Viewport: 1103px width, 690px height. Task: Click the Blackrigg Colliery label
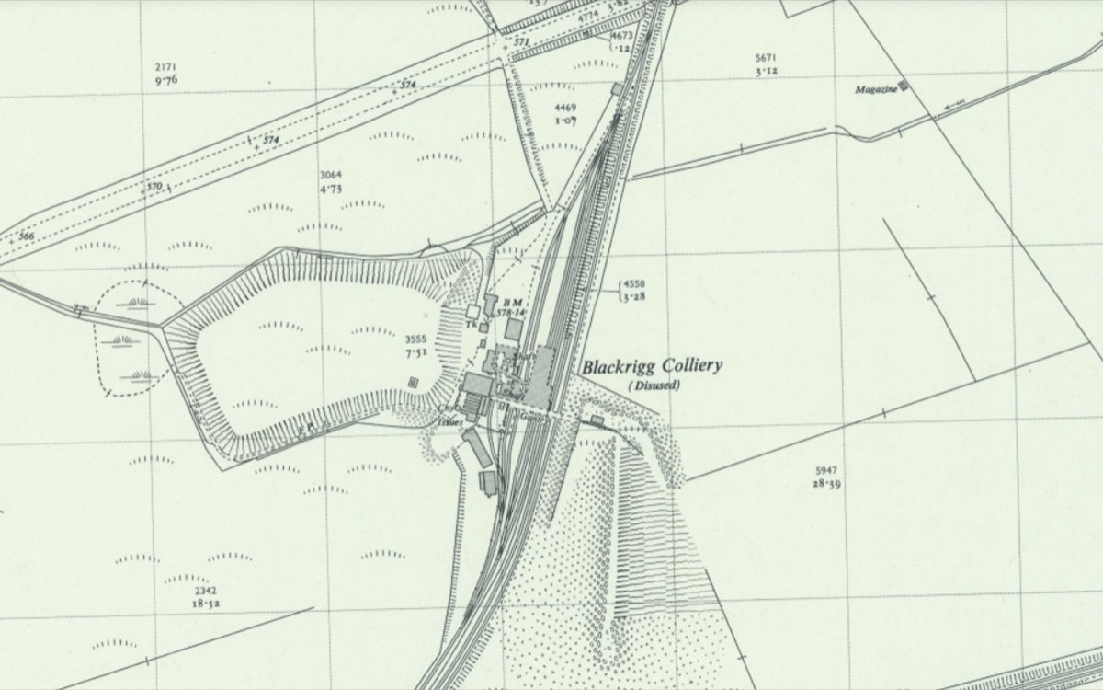(x=651, y=366)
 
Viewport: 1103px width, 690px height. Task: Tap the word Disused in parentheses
(x=654, y=385)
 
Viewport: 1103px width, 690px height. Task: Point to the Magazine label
(x=874, y=89)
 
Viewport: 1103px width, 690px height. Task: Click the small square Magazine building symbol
(x=904, y=86)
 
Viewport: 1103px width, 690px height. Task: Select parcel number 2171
(x=165, y=67)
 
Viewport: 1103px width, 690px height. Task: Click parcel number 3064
(x=331, y=175)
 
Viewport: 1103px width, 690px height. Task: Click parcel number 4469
(x=565, y=108)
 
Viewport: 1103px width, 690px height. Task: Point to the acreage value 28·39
(x=826, y=483)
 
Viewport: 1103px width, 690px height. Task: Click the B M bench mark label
(x=512, y=303)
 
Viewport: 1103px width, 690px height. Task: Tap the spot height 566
(x=28, y=236)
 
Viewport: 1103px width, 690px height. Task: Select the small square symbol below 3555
(x=414, y=382)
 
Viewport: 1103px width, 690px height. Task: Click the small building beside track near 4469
(x=616, y=88)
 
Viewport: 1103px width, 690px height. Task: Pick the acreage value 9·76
(x=165, y=81)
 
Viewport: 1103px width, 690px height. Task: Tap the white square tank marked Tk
(x=473, y=313)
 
